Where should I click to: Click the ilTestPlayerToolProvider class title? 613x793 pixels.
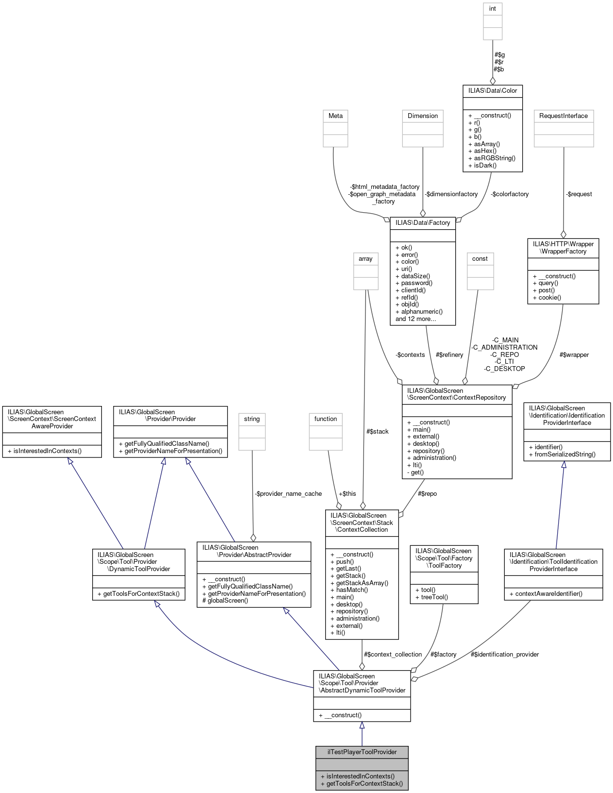point(362,752)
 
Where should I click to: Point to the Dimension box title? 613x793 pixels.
point(422,116)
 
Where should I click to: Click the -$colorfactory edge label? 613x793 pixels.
point(509,194)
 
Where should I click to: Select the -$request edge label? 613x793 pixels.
point(579,194)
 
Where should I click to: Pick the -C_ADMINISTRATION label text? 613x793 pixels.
point(504,347)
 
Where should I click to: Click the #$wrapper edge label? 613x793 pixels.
point(574,354)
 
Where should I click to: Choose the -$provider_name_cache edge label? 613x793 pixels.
point(288,493)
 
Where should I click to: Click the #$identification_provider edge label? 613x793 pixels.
point(504,654)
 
